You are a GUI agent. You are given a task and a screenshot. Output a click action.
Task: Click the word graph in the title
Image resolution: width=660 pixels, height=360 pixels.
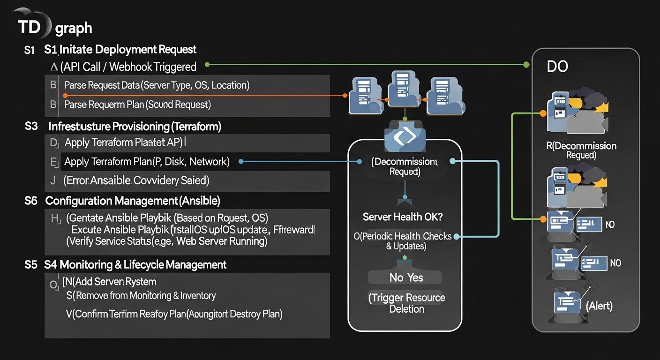[x=74, y=29]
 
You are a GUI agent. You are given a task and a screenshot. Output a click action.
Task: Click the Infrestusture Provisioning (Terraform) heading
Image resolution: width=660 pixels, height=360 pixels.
[x=135, y=126]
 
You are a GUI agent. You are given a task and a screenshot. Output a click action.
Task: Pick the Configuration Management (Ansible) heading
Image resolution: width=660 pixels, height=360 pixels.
[x=133, y=201]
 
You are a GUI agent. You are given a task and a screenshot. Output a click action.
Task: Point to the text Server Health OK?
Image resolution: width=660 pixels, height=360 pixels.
[x=403, y=217]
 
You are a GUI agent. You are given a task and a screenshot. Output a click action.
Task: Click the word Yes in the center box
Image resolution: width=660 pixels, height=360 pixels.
[x=415, y=277]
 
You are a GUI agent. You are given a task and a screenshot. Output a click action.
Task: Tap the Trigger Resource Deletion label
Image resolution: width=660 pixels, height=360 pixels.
[x=406, y=303]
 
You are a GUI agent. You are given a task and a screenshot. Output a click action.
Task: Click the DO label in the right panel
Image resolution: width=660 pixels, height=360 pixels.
[x=557, y=66]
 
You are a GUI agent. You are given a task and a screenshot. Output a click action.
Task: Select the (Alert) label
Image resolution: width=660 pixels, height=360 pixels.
[x=599, y=306]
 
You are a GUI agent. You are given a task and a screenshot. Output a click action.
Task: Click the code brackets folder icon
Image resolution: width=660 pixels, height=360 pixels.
[x=405, y=136]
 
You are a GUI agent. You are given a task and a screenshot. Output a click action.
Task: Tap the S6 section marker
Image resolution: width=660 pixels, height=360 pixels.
[x=31, y=201]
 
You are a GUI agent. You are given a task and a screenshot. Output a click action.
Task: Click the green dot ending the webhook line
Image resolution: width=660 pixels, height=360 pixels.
[x=526, y=64]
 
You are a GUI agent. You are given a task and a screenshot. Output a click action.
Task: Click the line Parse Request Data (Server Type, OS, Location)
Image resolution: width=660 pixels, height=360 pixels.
[x=157, y=85]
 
